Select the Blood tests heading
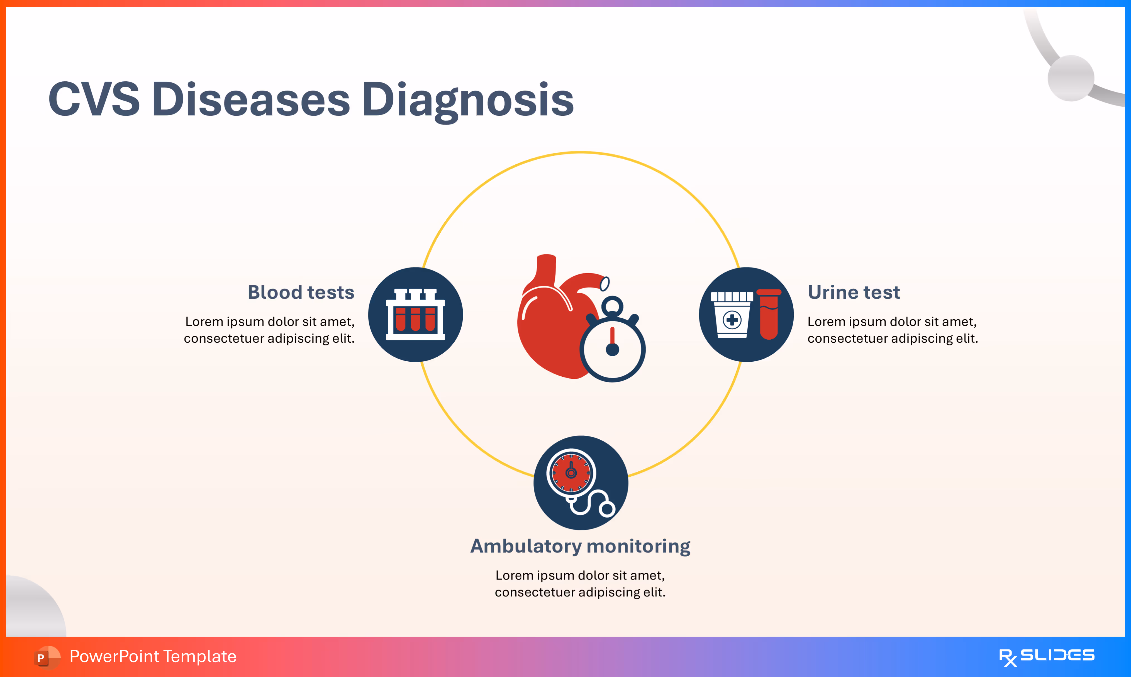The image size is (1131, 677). point(301,292)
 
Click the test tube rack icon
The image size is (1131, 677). point(415,314)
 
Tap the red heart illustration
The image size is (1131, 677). point(550,319)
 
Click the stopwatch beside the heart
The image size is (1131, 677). point(613,347)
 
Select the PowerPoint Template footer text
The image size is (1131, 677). point(153,656)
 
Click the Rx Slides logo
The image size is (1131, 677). point(1047,656)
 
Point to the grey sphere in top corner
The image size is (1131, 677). point(1071,78)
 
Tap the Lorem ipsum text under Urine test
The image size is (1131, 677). point(893,330)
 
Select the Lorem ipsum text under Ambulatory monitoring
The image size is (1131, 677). point(580,583)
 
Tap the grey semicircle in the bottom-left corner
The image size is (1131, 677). point(32,609)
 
